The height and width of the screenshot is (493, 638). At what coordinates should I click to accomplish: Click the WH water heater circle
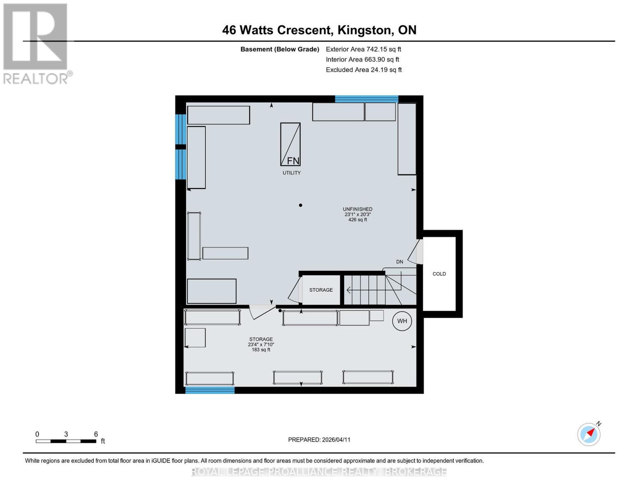[x=402, y=321]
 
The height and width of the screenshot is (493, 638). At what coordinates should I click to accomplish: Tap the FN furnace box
[x=290, y=144]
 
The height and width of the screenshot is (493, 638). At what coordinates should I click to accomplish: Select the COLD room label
[x=439, y=274]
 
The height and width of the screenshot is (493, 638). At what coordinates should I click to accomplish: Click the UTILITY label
[x=292, y=173]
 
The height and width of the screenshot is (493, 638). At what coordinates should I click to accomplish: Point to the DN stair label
[x=400, y=262]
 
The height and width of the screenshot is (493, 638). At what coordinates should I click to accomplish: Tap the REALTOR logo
[x=36, y=44]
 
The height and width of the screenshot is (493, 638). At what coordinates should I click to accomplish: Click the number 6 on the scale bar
[x=96, y=434]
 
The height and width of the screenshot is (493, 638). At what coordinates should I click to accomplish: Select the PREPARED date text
[x=319, y=440]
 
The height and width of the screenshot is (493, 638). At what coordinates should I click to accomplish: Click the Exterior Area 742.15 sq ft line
[x=364, y=49]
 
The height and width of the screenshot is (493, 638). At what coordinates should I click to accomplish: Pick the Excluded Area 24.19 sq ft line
[x=364, y=70]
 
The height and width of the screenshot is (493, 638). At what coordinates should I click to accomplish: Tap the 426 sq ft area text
[x=357, y=220]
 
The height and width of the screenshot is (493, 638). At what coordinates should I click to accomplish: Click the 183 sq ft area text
[x=261, y=350]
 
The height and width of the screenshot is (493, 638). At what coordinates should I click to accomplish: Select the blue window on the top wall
[x=366, y=99]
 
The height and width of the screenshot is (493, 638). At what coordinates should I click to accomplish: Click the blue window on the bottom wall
[x=210, y=390]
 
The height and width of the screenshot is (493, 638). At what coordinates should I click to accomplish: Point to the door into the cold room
[x=416, y=251]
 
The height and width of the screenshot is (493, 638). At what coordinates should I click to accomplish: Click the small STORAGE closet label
[x=321, y=290]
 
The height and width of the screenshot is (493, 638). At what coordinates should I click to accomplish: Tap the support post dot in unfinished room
[x=300, y=205]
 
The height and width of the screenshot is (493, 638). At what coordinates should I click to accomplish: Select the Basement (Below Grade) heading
[x=279, y=49]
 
